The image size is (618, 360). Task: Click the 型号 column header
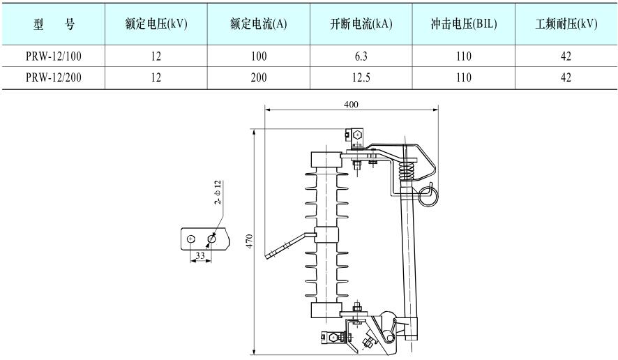pyautogui.click(x=54, y=24)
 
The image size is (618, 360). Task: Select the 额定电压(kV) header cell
pyautogui.click(x=156, y=24)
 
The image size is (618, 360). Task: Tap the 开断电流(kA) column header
pyautogui.click(x=361, y=24)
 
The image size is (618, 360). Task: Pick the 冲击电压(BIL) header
pyautogui.click(x=464, y=24)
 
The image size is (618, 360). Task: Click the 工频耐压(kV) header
pyautogui.click(x=566, y=24)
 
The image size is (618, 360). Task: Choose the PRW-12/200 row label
pyautogui.click(x=54, y=77)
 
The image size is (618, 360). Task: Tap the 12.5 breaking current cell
pyautogui.click(x=361, y=77)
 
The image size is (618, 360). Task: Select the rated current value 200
pyautogui.click(x=259, y=77)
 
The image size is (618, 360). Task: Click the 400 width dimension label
pyautogui.click(x=352, y=104)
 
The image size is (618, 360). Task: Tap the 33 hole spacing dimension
pyautogui.click(x=200, y=256)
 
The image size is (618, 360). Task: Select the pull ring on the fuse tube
pyautogui.click(x=428, y=195)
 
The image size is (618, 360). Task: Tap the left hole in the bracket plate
pyautogui.click(x=190, y=239)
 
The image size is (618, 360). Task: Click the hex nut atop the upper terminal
pyautogui.click(x=356, y=134)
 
